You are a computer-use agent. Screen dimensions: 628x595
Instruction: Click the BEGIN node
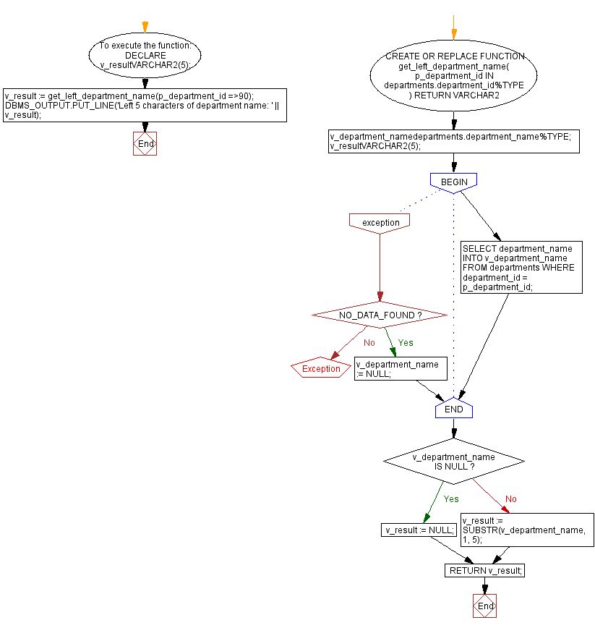pos(453,182)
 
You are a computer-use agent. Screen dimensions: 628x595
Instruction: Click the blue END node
pos(453,410)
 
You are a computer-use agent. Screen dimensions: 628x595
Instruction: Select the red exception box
pos(380,222)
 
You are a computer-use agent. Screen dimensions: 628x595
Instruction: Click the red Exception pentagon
pos(321,369)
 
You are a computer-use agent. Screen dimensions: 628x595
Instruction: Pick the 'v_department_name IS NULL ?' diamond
pos(453,462)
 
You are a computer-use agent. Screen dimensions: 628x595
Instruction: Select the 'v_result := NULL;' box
pos(419,530)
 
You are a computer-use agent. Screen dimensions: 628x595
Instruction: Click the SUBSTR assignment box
pos(526,531)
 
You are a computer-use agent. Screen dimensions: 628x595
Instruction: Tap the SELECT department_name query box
pos(521,268)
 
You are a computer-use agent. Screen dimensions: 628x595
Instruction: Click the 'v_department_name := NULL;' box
pos(401,369)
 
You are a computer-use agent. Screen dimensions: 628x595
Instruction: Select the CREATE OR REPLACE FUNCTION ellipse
pos(453,75)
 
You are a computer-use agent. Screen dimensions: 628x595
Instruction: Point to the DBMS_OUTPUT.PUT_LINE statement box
pos(145,105)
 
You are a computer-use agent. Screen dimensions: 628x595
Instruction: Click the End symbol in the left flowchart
pos(145,144)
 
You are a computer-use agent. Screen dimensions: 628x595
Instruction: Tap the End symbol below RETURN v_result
pos(486,606)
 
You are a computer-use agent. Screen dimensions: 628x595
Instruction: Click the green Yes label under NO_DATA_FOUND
pos(405,342)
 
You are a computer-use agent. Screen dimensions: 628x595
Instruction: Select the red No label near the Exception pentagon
pos(369,342)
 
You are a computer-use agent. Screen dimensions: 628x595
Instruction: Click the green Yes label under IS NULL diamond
pos(450,499)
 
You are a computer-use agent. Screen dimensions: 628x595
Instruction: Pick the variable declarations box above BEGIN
pos(453,141)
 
